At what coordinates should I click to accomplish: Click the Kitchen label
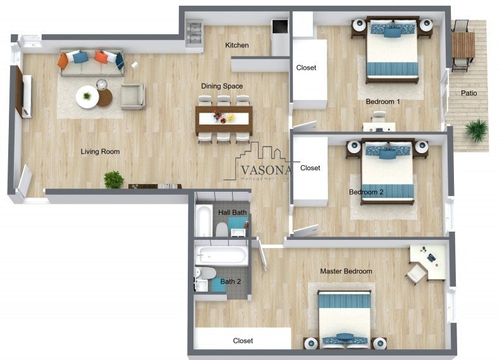(237, 46)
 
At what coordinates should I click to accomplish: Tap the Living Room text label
(100, 152)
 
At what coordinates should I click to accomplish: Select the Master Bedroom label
(346, 271)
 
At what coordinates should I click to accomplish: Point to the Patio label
(468, 94)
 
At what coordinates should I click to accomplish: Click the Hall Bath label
(233, 213)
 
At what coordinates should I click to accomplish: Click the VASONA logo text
(266, 170)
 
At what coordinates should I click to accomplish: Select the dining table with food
(224, 118)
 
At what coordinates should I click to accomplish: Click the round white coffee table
(87, 97)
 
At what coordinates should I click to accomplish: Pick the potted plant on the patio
(477, 131)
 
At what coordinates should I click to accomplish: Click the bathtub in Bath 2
(221, 256)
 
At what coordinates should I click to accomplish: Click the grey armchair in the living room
(133, 96)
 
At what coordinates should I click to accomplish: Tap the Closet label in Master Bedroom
(243, 341)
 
